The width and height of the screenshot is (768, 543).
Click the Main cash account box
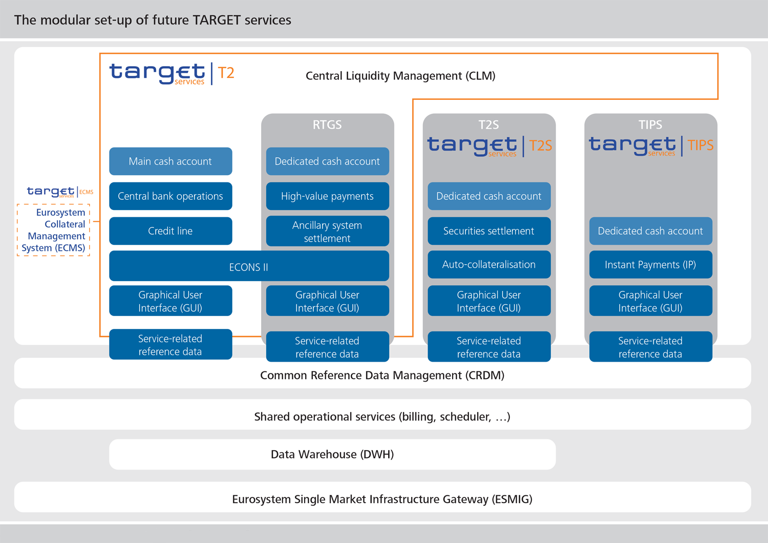pos(170,161)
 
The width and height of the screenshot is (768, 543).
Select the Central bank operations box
pos(170,196)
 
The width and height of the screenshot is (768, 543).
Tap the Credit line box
pos(170,231)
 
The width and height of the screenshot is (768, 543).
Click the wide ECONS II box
pos(249,267)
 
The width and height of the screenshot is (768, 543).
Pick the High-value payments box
pos(327,196)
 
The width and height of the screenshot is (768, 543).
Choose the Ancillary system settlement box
pos(327,232)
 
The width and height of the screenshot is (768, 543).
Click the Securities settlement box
pos(489,231)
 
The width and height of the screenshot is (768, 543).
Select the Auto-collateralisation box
pos(489,265)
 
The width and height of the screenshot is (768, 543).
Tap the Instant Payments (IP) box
pos(650,265)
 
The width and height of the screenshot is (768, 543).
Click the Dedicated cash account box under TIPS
pos(650,231)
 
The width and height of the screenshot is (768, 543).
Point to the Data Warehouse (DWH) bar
pos(332,454)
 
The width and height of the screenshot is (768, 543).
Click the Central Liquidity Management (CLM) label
pos(400,76)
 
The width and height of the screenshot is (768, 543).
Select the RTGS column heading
pos(327,124)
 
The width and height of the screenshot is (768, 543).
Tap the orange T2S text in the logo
pos(541,146)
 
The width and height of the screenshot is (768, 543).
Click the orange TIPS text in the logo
pos(700,145)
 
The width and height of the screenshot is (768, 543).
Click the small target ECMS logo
pos(59,192)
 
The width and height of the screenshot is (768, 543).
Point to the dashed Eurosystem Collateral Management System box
pos(54,230)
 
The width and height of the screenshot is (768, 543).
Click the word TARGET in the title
pos(217,20)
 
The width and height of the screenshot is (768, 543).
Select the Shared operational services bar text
pos(382,416)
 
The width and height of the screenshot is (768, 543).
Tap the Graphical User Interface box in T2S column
pos(489,301)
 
